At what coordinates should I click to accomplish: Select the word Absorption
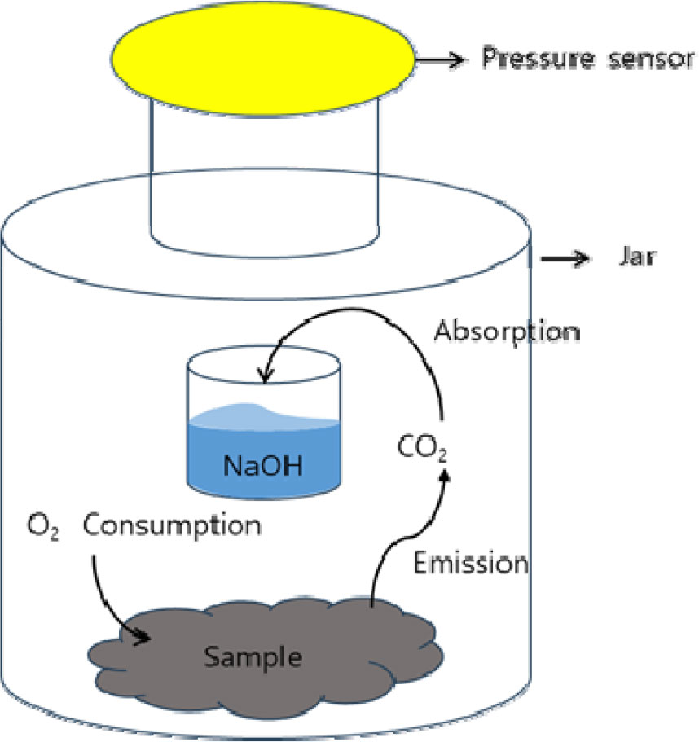coord(506,331)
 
